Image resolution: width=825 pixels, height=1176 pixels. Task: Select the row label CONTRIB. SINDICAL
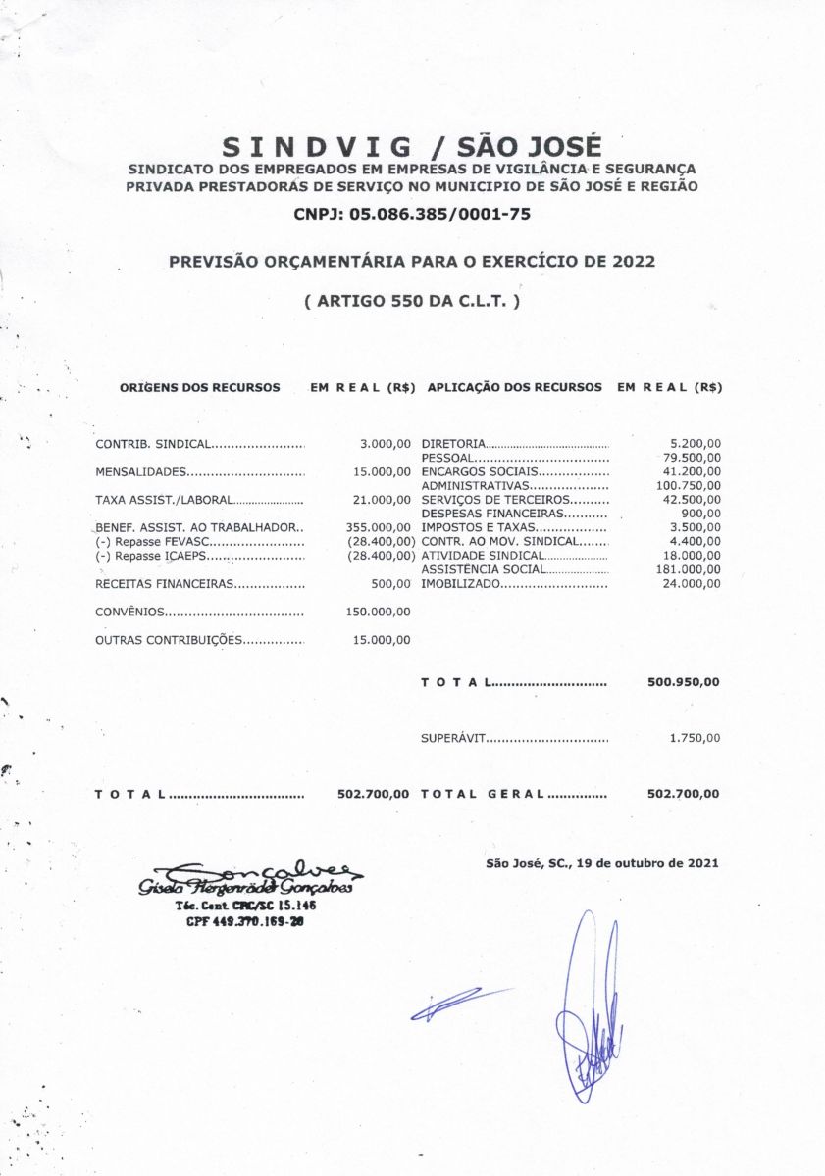tap(152, 445)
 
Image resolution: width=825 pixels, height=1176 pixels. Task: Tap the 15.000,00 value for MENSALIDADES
tap(382, 472)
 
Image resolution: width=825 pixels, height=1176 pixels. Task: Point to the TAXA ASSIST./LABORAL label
tap(163, 500)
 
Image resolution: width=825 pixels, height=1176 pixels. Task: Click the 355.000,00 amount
tap(378, 527)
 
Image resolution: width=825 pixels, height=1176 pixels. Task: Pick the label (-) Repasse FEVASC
tap(152, 541)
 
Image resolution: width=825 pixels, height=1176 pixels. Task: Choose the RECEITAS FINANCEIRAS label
tap(164, 584)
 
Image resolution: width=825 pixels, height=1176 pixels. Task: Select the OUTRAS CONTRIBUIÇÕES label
tap(168, 640)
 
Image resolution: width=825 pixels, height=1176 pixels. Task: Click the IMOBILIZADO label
tap(461, 584)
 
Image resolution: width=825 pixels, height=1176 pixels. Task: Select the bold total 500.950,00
tap(683, 682)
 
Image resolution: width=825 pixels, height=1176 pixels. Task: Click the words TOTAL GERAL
tap(482, 794)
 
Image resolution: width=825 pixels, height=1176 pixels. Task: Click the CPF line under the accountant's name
tap(244, 921)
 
